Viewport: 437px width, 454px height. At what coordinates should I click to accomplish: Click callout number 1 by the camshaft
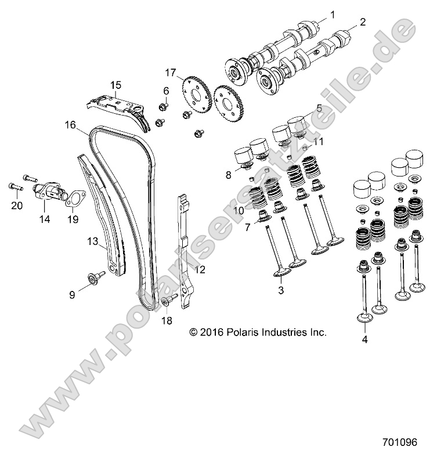333,14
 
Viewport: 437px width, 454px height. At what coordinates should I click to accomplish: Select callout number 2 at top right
363,23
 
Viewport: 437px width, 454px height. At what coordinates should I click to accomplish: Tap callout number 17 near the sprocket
170,73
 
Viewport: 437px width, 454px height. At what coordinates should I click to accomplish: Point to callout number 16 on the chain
70,124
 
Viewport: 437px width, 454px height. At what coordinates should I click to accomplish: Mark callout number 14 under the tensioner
44,219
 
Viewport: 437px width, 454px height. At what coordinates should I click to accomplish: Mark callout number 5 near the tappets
319,107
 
